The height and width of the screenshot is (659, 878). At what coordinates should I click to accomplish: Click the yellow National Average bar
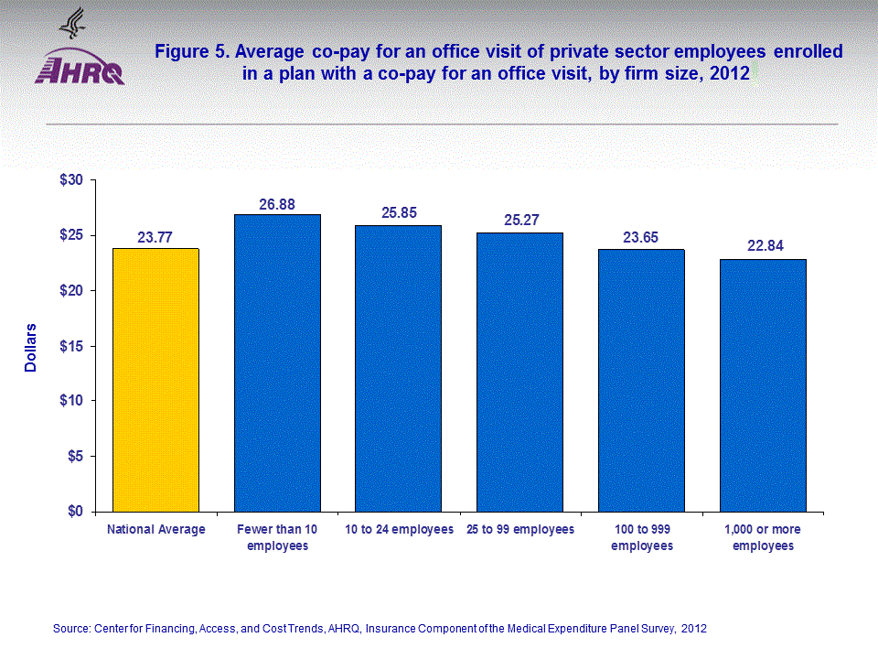click(x=155, y=380)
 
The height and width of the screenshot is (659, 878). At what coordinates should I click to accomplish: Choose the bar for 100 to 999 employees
click(x=641, y=380)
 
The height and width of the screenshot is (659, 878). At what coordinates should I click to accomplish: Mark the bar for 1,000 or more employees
click(x=763, y=384)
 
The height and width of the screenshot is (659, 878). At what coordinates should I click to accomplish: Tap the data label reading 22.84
click(x=763, y=247)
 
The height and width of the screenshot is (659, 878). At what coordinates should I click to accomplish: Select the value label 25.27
click(x=520, y=221)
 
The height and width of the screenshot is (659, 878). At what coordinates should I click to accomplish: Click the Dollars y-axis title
click(x=30, y=347)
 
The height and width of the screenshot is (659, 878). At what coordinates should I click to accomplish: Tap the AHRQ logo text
click(x=80, y=72)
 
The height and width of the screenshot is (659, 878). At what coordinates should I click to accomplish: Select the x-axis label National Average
click(x=155, y=530)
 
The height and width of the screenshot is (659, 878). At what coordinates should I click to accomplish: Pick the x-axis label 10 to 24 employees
click(x=399, y=530)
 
